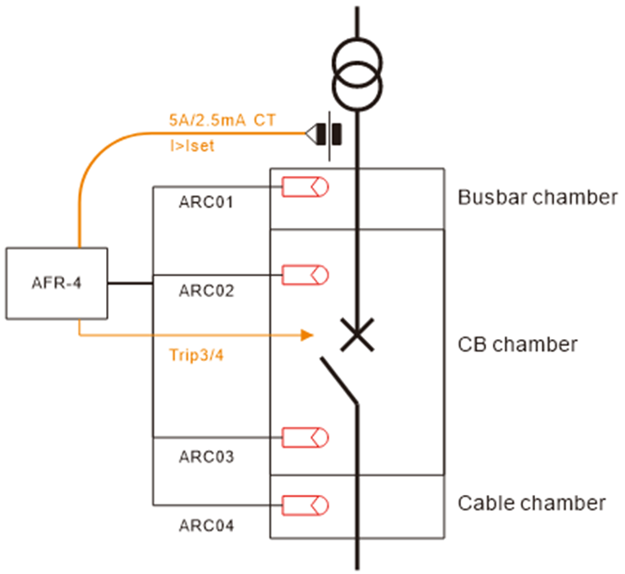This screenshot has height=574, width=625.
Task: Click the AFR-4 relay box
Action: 56,284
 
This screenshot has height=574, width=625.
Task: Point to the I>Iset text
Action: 192,146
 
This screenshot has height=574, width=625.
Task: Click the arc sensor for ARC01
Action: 305,186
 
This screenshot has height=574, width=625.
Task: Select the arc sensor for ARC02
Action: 305,274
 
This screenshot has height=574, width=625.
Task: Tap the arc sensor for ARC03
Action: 305,437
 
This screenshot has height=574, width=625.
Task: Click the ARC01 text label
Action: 206,203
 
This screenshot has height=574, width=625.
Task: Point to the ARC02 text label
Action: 206,291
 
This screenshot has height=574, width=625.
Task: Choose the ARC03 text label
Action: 206,457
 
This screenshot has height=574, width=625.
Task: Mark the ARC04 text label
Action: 206,526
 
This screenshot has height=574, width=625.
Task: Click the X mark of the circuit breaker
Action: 358,335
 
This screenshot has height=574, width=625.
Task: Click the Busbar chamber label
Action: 538,199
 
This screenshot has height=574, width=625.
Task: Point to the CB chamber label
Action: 517,344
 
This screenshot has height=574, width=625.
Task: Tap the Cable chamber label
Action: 532,503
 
